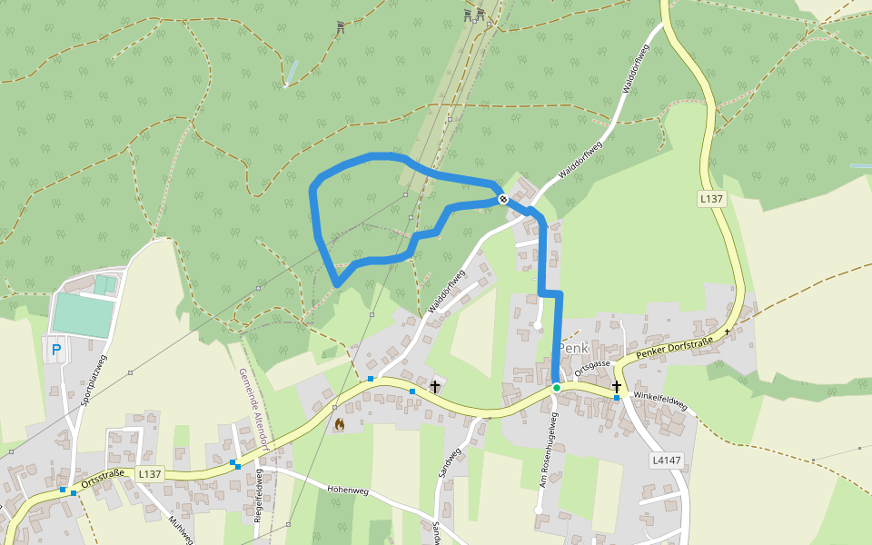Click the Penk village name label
click(x=573, y=348)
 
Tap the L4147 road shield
click(x=666, y=461)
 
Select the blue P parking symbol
click(x=56, y=349)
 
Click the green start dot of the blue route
click(x=557, y=388)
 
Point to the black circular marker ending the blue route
click(x=503, y=199)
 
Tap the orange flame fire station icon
click(x=340, y=423)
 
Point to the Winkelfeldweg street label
click(x=660, y=401)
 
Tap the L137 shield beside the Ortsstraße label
click(x=150, y=474)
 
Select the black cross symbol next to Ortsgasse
click(x=617, y=387)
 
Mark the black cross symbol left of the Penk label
click(x=435, y=387)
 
